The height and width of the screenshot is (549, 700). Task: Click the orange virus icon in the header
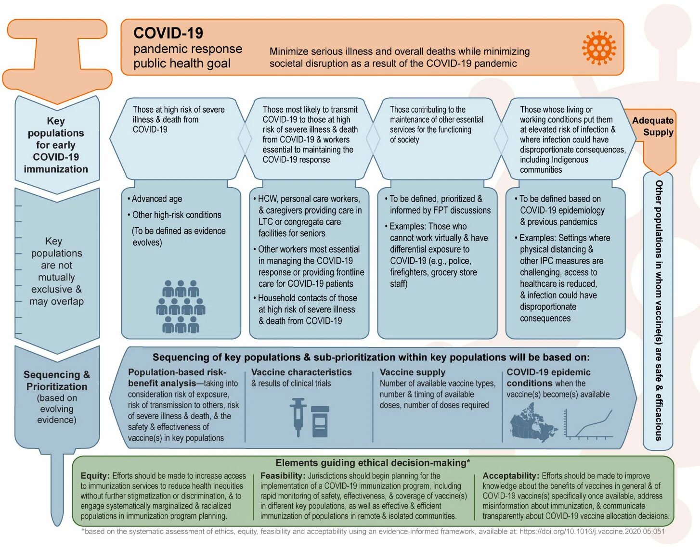pyautogui.click(x=598, y=48)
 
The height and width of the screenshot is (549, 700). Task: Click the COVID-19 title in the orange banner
pyautogui.click(x=168, y=33)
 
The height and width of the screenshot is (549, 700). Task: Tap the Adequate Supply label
pyautogui.click(x=652, y=126)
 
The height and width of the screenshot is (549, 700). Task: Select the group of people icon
pyautogui.click(x=181, y=306)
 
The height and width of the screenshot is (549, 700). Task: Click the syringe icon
pyautogui.click(x=298, y=416)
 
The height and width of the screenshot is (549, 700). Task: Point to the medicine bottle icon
pyautogui.click(x=320, y=421)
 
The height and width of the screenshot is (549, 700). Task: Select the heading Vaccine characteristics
pyautogui.click(x=301, y=372)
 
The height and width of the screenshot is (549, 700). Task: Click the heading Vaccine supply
pyautogui.click(x=412, y=372)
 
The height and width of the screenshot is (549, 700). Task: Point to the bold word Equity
pyautogui.click(x=95, y=475)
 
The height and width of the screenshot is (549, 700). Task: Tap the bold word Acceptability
pyautogui.click(x=510, y=475)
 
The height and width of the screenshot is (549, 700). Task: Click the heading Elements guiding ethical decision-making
pyautogui.click(x=373, y=463)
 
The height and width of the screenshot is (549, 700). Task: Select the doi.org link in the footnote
pyautogui.click(x=592, y=531)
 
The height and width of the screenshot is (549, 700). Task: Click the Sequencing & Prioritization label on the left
pyautogui.click(x=57, y=381)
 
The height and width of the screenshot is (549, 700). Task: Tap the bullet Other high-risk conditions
pyautogui.click(x=176, y=215)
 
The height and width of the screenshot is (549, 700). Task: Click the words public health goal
pyautogui.click(x=182, y=63)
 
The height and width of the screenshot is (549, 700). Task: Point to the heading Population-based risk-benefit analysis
pyautogui.click(x=177, y=377)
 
